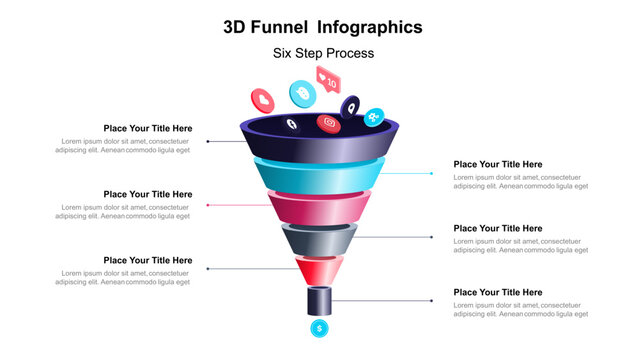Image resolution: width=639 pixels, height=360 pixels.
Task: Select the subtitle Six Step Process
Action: pos(323,53)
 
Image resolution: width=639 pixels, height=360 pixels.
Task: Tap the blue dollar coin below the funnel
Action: pos(320,327)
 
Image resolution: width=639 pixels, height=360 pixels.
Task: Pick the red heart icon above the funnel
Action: pos(263,99)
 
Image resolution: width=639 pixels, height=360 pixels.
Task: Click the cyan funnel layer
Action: pos(319,174)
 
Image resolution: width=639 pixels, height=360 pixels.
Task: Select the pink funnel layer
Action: pos(319,208)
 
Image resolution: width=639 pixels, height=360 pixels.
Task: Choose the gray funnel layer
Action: pos(319,239)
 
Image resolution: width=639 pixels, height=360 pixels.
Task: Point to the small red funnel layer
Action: pos(319,268)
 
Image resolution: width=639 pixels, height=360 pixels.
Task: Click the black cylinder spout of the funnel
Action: pos(319,300)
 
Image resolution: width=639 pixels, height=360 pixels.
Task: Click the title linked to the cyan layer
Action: pos(497,164)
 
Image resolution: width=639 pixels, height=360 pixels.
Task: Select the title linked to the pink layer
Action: pos(148,194)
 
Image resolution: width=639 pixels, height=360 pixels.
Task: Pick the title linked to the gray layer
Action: pos(497,228)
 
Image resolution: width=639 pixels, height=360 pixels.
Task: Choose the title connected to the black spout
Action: pos(497,292)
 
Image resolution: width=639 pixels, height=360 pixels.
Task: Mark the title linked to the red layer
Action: pos(148,260)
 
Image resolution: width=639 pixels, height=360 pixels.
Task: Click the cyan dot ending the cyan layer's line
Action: pos(432,173)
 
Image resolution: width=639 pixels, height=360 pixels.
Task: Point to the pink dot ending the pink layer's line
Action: pos(207,205)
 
